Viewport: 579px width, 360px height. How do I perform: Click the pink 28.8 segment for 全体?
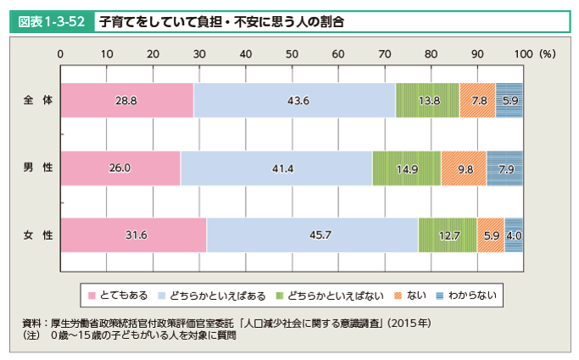coord(127,100)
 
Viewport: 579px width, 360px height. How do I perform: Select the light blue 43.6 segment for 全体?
coord(295,100)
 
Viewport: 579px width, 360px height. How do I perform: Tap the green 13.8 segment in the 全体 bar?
coord(427,100)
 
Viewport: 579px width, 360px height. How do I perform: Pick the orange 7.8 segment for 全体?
coord(477,100)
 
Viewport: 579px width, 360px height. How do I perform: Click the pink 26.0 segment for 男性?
coord(120,168)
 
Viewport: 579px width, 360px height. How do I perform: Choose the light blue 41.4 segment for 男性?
coord(276,168)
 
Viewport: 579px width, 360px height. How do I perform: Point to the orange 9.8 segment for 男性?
coord(464,168)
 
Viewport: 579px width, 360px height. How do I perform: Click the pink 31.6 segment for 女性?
coord(134,235)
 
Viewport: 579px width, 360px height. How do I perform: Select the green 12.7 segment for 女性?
coord(448,235)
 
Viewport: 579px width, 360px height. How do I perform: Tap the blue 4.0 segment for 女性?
coord(514,235)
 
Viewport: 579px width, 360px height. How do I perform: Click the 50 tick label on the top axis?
coord(292,53)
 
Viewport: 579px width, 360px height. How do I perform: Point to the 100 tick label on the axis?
coord(524,53)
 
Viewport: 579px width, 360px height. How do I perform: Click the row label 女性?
coord(38,235)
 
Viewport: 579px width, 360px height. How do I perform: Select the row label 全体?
coord(38,100)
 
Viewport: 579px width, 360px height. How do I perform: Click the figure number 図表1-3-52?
coord(49,20)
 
